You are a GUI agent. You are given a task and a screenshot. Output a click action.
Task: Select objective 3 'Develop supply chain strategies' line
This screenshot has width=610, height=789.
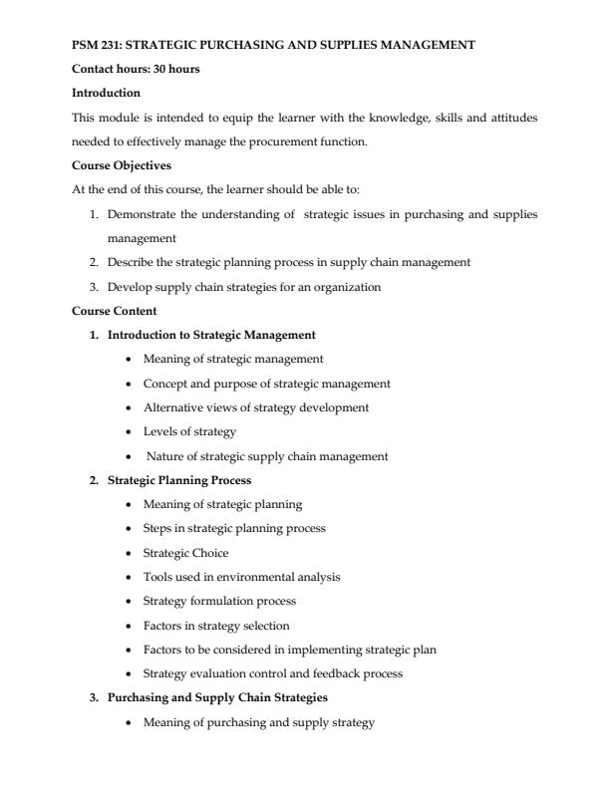244,287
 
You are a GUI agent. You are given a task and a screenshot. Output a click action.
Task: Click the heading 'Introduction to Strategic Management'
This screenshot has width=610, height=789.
211,335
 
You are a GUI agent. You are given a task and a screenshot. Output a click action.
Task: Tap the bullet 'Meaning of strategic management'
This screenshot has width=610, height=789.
233,359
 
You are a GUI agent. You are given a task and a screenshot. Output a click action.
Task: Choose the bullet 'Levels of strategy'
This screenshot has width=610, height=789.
190,431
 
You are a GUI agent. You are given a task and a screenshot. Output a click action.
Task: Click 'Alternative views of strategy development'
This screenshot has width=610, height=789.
256,407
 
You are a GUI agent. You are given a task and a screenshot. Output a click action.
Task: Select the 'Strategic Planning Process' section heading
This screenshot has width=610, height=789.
180,480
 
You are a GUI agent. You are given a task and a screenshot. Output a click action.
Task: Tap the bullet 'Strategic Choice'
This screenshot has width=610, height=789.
186,553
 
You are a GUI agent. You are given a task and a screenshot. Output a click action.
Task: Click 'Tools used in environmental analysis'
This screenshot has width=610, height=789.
242,577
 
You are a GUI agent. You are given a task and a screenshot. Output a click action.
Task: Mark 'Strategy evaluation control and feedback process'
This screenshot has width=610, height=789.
273,673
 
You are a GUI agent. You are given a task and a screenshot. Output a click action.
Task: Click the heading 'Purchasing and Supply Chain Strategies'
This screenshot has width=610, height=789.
217,697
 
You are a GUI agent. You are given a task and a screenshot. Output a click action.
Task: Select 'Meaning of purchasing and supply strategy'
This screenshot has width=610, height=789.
259,722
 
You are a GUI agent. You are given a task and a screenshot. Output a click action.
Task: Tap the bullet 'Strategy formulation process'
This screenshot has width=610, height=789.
220,601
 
